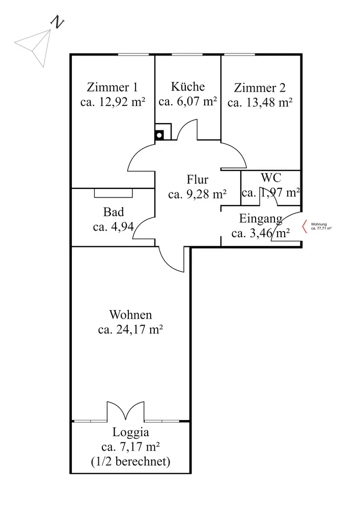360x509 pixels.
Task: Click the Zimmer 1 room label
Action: pyautogui.click(x=112, y=87)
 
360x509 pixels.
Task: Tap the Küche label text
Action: pyautogui.click(x=188, y=86)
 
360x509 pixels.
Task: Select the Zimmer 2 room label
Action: pyautogui.click(x=260, y=87)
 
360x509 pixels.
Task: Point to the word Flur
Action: pyautogui.click(x=197, y=180)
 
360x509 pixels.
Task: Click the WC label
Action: pyautogui.click(x=270, y=178)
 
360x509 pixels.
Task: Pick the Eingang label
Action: pyautogui.click(x=261, y=219)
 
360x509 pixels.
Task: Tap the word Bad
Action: pyautogui.click(x=113, y=212)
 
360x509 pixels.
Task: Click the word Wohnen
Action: pyautogui.click(x=130, y=315)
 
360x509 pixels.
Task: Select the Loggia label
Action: pyautogui.click(x=130, y=433)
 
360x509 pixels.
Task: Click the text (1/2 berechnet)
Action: pyautogui.click(x=130, y=462)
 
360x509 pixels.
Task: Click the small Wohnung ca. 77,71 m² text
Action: pyautogui.click(x=321, y=227)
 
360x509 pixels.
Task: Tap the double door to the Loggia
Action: pyautogui.click(x=126, y=411)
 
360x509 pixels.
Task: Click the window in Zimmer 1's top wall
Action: pyautogui.click(x=133, y=54)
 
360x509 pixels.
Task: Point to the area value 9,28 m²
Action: pyautogui.click(x=197, y=194)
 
